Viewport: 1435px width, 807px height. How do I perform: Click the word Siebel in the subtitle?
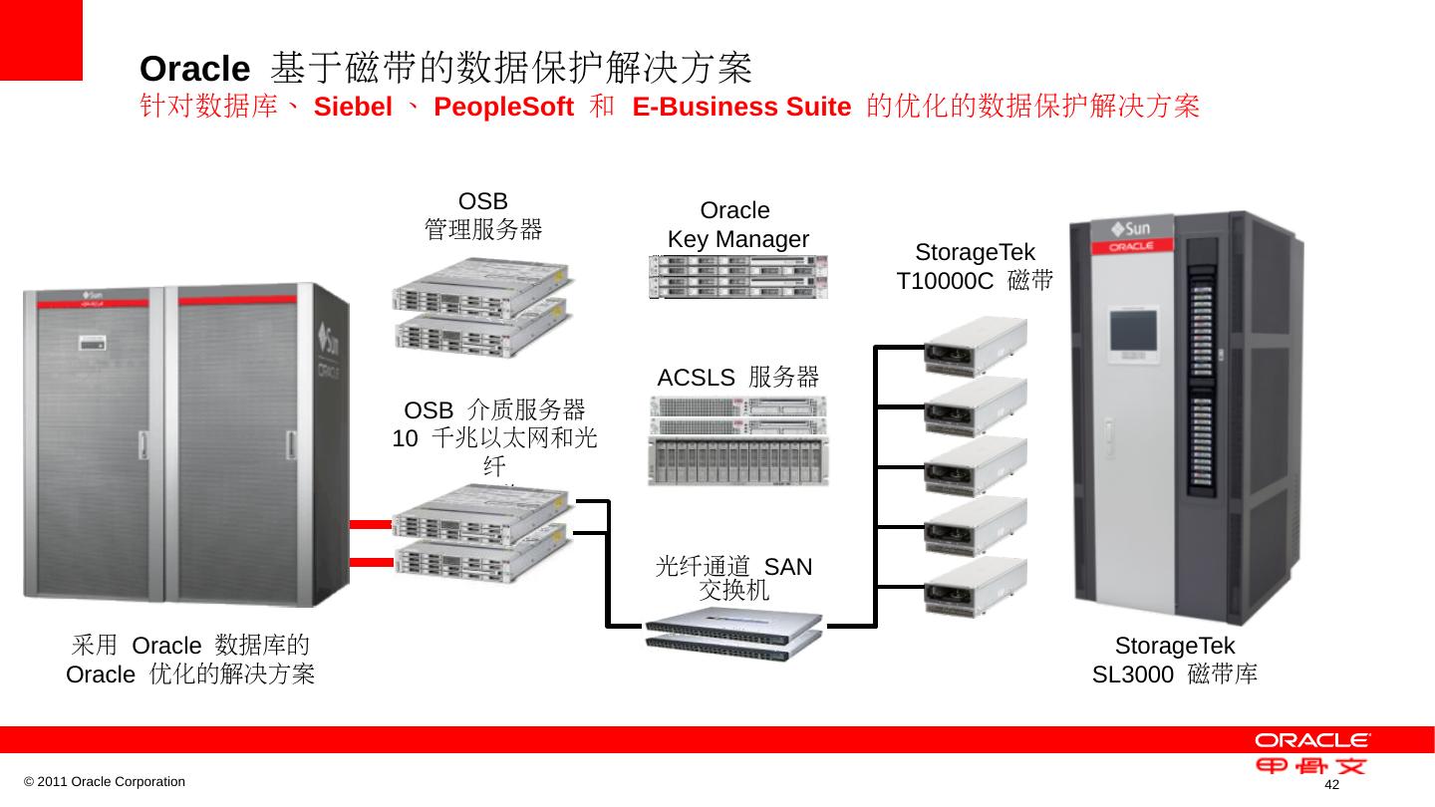(353, 108)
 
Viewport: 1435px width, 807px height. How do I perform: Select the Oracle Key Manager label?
(736, 225)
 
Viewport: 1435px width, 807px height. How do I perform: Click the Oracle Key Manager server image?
(738, 276)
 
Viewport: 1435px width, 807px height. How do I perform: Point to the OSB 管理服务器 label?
(483, 216)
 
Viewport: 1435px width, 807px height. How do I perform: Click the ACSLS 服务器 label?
(738, 378)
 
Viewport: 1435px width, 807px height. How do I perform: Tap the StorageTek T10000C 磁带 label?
(975, 266)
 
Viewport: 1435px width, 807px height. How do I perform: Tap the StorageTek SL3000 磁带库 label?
(1175, 660)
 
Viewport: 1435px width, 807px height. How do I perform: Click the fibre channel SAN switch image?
(734, 629)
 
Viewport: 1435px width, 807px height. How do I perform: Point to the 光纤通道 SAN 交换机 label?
(734, 578)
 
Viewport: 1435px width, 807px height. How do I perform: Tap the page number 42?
(1330, 787)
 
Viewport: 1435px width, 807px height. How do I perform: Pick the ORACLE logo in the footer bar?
(1312, 740)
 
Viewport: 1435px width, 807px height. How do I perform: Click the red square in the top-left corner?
(41, 40)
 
